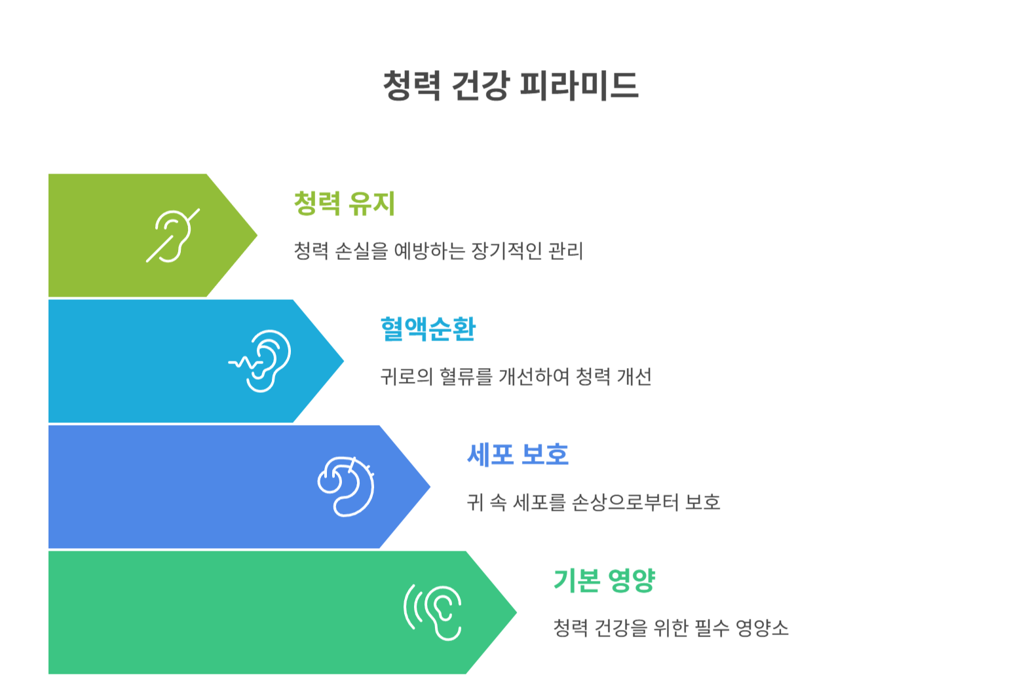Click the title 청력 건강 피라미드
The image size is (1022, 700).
click(510, 86)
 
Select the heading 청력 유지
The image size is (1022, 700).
click(344, 203)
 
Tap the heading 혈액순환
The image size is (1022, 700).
click(428, 329)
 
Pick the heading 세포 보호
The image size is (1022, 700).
click(518, 454)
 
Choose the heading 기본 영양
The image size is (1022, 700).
click(604, 580)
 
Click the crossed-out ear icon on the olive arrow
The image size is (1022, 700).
click(172, 236)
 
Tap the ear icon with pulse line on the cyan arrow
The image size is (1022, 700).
click(261, 361)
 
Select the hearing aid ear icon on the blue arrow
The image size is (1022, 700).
click(347, 487)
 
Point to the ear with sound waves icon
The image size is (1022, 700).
click(433, 612)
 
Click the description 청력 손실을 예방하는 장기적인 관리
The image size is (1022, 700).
click(438, 251)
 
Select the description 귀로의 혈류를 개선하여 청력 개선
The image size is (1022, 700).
click(516, 377)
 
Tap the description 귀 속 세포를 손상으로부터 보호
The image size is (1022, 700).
click(594, 502)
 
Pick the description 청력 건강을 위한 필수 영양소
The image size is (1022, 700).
click(671, 628)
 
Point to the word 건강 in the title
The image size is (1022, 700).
click(480, 86)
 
